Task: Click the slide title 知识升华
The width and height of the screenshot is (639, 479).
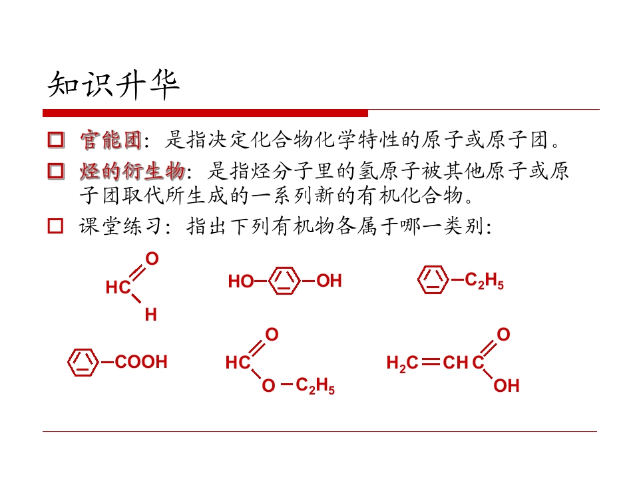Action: click(114, 84)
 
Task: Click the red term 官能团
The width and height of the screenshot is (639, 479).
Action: click(111, 140)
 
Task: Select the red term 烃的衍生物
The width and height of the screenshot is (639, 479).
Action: click(132, 171)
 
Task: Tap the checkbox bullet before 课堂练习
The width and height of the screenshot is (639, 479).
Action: click(56, 226)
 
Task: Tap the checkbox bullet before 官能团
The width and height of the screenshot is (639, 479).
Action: click(56, 139)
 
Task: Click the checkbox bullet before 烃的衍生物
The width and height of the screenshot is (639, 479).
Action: click(56, 171)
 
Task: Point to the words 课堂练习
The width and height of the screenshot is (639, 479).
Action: click(120, 226)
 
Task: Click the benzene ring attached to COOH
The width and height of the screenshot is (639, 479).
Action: click(83, 362)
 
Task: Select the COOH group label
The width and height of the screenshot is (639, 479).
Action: click(141, 362)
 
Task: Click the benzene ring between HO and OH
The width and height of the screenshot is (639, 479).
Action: click(284, 281)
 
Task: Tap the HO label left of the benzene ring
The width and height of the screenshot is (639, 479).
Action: click(241, 281)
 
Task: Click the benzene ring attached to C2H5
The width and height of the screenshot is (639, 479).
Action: click(433, 280)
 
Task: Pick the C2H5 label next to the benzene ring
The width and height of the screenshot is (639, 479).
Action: click(484, 281)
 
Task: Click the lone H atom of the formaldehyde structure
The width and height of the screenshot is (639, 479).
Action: click(151, 315)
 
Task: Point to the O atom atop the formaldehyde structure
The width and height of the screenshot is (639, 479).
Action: click(152, 259)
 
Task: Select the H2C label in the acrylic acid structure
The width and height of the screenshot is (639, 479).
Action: click(402, 363)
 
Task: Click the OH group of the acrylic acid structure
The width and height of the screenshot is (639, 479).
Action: click(507, 386)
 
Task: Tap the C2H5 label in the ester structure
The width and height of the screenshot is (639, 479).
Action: click(315, 385)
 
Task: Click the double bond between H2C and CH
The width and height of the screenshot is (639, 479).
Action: click(431, 362)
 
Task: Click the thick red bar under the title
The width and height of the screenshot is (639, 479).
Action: click(206, 113)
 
